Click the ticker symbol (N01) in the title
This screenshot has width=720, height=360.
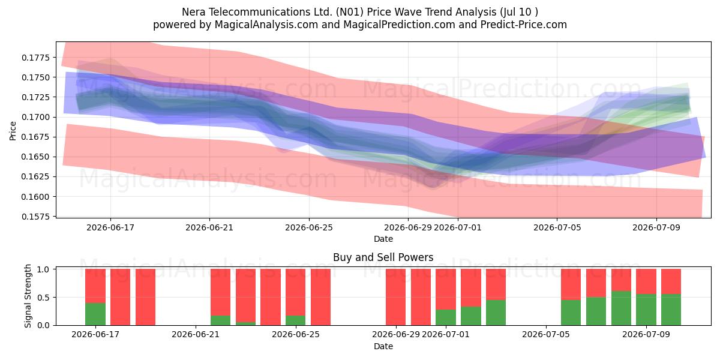(x=350, y=12)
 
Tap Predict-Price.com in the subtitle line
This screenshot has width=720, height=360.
(x=524, y=25)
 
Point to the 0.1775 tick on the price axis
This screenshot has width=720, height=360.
(x=36, y=58)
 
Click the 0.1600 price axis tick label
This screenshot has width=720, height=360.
(x=36, y=196)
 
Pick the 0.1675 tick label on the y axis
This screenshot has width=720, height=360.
(x=36, y=137)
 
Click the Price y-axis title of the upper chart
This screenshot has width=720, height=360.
(x=13, y=131)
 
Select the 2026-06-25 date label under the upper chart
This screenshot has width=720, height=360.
(x=309, y=227)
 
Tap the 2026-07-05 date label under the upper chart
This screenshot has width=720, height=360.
(x=557, y=227)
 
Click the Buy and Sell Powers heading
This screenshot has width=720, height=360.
(x=383, y=257)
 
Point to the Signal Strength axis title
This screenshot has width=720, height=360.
(x=28, y=296)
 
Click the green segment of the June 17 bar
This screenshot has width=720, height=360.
(x=95, y=314)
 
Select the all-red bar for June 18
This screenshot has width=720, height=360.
(x=120, y=297)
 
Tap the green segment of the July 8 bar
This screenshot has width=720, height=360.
(x=621, y=308)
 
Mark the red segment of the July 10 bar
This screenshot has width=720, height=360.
(x=671, y=281)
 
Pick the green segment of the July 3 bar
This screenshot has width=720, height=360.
(x=496, y=313)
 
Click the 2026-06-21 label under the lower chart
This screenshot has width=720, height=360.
(x=196, y=335)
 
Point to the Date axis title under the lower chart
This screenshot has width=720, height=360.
(x=383, y=346)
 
